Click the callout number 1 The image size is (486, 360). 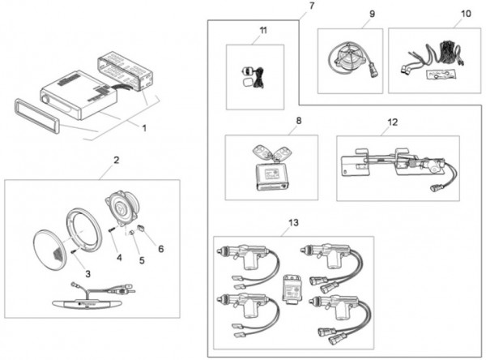tap(143, 127)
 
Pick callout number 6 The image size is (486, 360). tap(160, 248)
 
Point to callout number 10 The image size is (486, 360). tap(465, 14)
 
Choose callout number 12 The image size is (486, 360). tap(392, 122)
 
